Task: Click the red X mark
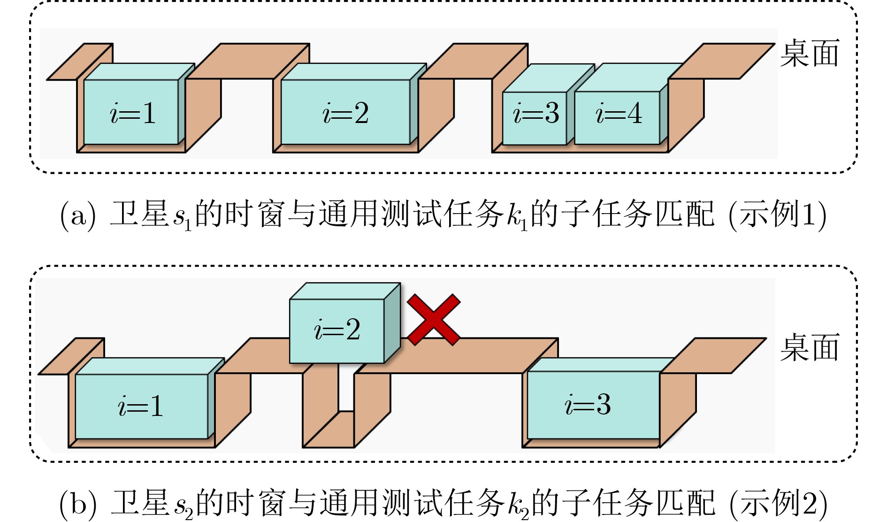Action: coord(434,320)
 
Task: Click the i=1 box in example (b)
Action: coord(141,406)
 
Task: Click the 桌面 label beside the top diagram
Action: coord(809,54)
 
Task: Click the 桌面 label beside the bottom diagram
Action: coord(809,348)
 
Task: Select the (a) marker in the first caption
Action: coord(78,215)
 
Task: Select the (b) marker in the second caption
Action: coord(78,503)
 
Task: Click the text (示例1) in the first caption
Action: coord(777,215)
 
